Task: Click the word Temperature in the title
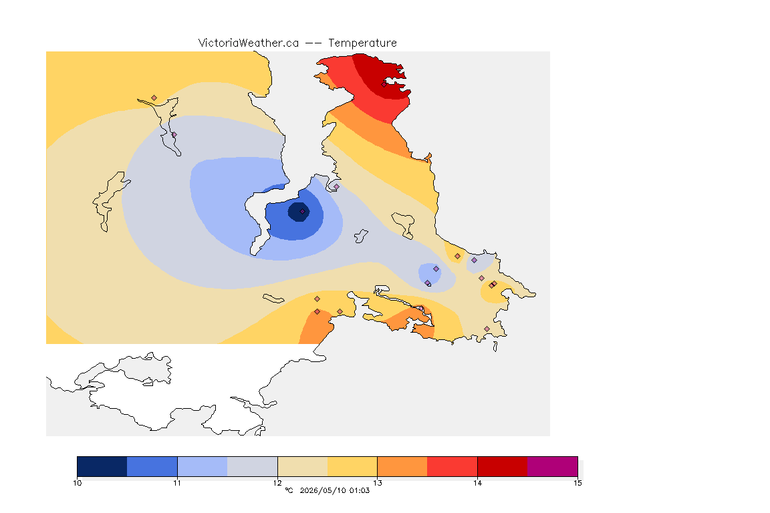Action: click(362, 43)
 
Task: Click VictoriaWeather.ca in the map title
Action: click(249, 43)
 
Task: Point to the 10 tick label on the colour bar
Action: click(77, 483)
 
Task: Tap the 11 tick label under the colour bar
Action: click(177, 483)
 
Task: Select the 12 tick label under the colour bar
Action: click(277, 483)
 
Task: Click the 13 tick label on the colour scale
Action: click(377, 483)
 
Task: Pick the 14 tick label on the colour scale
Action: click(477, 483)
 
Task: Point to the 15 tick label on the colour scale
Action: click(577, 483)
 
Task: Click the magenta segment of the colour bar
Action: click(553, 466)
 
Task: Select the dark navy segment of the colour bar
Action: click(102, 466)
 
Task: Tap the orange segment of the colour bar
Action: click(402, 466)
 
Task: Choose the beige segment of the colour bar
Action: click(303, 466)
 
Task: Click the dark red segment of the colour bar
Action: click(503, 466)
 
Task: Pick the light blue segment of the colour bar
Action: click(203, 466)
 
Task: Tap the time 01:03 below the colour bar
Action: click(360, 490)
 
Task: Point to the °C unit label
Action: click(289, 490)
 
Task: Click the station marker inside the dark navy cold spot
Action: click(303, 212)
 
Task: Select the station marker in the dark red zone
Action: click(384, 84)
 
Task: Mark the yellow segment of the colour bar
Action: click(352, 466)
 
